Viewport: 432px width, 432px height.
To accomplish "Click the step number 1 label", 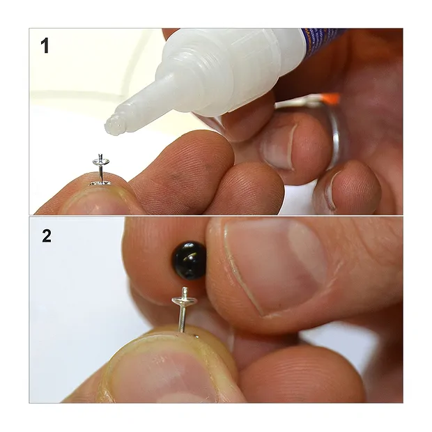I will point(45,47).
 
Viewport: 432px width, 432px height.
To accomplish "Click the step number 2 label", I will point(46,236).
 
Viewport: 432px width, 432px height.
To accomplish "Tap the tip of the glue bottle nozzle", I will point(111,125).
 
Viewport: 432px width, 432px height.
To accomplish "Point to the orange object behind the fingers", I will point(332,99).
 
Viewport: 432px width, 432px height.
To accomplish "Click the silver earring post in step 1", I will point(100,167).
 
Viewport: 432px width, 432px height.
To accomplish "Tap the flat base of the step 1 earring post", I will point(100,183).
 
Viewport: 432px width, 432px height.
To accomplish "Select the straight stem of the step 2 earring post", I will point(183,318).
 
